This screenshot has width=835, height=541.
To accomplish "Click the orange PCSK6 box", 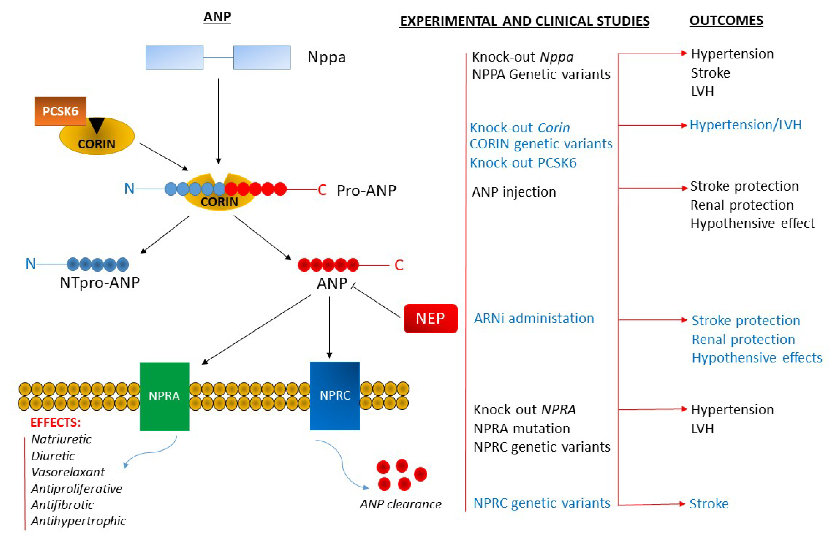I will point(60,111).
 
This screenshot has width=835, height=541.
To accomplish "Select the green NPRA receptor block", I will point(164,396).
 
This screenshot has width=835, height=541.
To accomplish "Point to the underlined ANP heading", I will point(217,17).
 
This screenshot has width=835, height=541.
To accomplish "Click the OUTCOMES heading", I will point(726,20).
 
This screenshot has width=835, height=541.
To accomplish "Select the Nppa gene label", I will point(326,57).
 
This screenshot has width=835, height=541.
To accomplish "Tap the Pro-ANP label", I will point(366,190).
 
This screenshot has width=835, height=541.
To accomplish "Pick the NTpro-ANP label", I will point(100,282).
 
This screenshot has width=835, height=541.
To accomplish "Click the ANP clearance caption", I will point(400,504).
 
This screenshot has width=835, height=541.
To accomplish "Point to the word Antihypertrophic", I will point(78,521).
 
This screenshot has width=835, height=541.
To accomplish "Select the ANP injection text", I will point(514,192).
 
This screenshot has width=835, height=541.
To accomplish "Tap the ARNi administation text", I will point(534,318).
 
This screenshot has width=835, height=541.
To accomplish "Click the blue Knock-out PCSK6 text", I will point(523,163).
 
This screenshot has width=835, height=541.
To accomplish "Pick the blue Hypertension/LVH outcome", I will point(746,125).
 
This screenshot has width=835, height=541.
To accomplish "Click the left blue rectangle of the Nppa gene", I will point(174,57).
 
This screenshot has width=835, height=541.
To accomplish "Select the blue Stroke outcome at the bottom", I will point(709,504).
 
